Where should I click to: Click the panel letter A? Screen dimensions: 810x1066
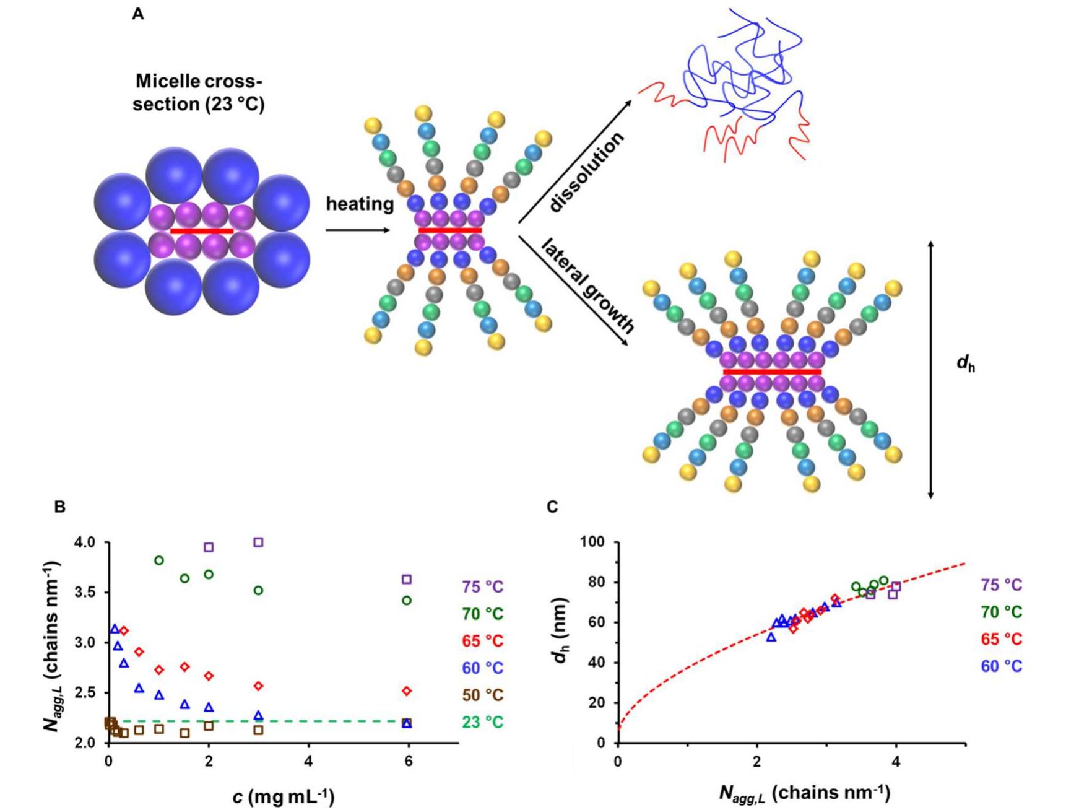pyautogui.click(x=138, y=14)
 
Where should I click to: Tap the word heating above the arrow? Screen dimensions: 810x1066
pyautogui.click(x=360, y=204)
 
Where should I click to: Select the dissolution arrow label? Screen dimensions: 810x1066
pyautogui.click(x=586, y=173)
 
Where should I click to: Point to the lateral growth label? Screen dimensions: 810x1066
pyautogui.click(x=587, y=286)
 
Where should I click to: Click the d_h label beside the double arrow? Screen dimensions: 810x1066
pyautogui.click(x=966, y=364)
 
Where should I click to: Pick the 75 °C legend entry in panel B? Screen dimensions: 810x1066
pyautogui.click(x=482, y=586)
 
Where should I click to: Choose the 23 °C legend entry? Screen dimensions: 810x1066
pyautogui.click(x=482, y=722)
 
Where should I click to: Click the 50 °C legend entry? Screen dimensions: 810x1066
pyautogui.click(x=482, y=695)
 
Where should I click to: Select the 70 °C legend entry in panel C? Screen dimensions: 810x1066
pyautogui.click(x=1001, y=612)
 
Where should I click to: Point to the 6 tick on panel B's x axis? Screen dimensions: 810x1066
pyautogui.click(x=409, y=761)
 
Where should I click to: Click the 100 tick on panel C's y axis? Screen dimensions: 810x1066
pyautogui.click(x=592, y=542)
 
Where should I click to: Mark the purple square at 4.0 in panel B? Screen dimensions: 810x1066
pyautogui.click(x=259, y=542)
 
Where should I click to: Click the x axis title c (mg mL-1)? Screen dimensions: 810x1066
pyautogui.click(x=284, y=796)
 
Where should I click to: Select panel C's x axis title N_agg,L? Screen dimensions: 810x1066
pyautogui.click(x=804, y=793)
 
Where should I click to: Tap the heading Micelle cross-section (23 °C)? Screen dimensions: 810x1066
pyautogui.click(x=199, y=92)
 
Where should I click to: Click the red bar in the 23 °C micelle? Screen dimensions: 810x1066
pyautogui.click(x=201, y=231)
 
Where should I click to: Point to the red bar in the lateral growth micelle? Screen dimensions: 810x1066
pyautogui.click(x=772, y=372)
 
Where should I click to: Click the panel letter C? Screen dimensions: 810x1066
pyautogui.click(x=552, y=507)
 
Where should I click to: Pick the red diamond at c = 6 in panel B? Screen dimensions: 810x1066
pyautogui.click(x=407, y=691)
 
